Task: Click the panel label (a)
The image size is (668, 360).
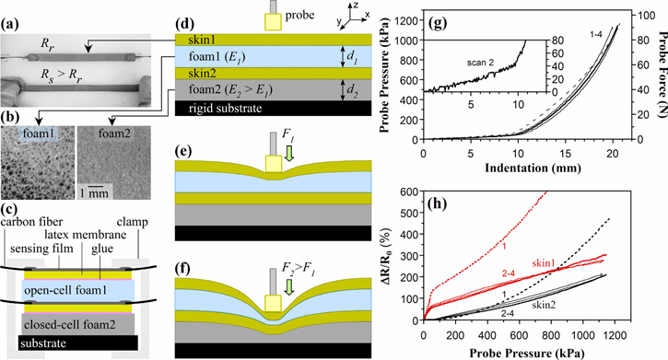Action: point(12,13)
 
